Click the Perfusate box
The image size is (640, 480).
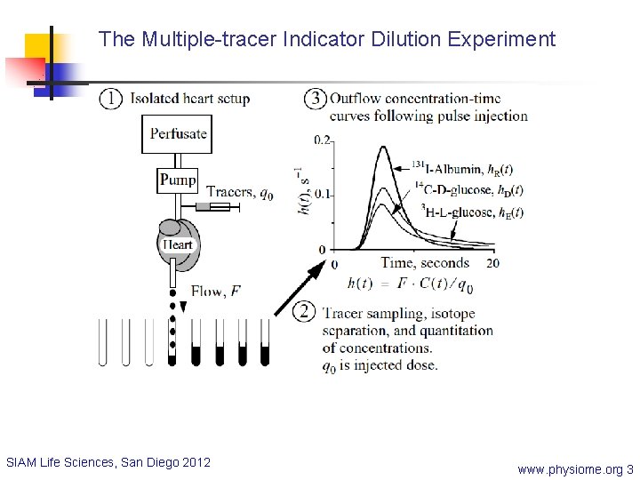tap(178, 133)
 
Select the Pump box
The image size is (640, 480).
tap(178, 180)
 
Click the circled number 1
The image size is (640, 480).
tap(111, 99)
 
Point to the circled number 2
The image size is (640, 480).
tap(305, 311)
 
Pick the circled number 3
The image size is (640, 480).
tap(315, 99)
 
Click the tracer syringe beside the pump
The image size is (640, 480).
tap(218, 206)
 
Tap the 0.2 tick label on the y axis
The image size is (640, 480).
tap(322, 140)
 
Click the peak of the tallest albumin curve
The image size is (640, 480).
tap(383, 148)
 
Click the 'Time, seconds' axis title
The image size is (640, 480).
tap(424, 263)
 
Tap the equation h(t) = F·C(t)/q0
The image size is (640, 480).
tap(411, 284)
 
